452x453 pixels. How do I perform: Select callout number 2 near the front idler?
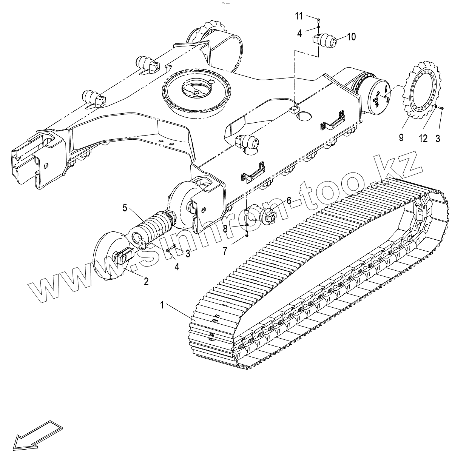[146, 281]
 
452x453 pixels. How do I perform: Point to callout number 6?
[289, 200]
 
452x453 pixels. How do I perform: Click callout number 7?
[225, 250]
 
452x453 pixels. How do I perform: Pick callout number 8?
[225, 229]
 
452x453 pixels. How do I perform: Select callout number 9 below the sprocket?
[401, 137]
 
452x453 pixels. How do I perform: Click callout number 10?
[351, 37]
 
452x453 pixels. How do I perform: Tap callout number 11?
[299, 16]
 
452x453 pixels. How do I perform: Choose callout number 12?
[423, 139]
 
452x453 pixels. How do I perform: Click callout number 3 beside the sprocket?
[438, 139]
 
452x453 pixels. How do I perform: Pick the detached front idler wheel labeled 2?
[110, 257]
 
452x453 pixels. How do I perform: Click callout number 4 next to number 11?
[299, 33]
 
